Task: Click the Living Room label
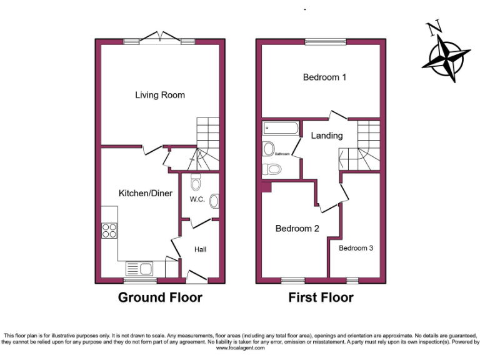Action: point(160,95)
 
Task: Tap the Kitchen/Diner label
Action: point(146,194)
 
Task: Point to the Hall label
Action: point(200,249)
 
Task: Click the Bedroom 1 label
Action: point(324,77)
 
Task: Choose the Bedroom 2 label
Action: point(297,229)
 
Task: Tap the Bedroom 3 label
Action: point(356,248)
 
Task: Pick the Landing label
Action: point(326,136)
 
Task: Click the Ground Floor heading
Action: point(160,297)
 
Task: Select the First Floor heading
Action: point(321,297)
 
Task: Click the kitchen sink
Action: point(139,269)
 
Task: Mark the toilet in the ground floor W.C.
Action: point(195,182)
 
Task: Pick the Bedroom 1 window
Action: point(325,42)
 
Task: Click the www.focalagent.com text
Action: point(240,348)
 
